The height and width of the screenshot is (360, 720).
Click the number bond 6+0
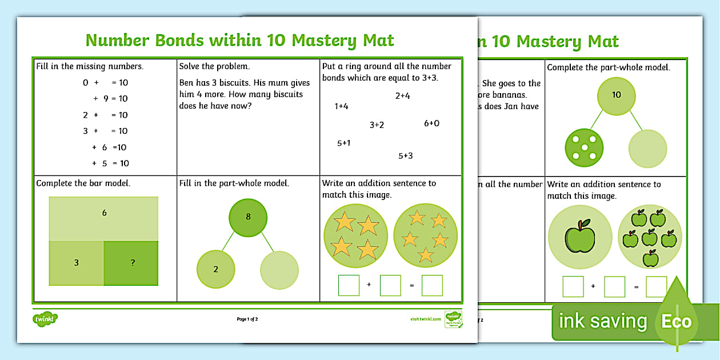click(x=431, y=123)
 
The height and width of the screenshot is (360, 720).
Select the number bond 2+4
click(x=402, y=96)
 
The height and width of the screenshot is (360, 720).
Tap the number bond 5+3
click(x=405, y=155)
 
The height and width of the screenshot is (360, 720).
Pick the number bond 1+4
click(x=341, y=106)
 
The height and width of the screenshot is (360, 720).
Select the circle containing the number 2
click(x=215, y=270)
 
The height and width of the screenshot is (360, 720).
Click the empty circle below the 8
click(x=279, y=270)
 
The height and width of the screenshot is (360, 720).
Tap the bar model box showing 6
click(x=104, y=218)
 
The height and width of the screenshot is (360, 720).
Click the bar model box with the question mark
click(x=132, y=263)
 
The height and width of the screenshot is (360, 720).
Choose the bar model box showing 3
click(x=76, y=263)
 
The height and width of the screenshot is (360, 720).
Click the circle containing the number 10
click(x=616, y=95)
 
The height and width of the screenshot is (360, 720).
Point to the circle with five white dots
click(x=583, y=148)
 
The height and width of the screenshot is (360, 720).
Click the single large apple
click(x=579, y=237)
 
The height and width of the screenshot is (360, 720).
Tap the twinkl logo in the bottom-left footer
click(x=45, y=319)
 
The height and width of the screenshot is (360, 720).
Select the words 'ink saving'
click(x=602, y=321)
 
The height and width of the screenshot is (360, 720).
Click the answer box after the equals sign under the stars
click(x=432, y=285)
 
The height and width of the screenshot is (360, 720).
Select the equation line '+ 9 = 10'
click(x=110, y=98)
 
